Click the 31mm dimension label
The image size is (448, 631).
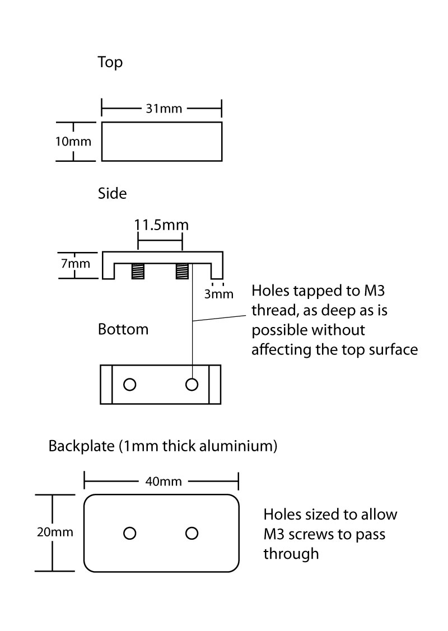coord(164,109)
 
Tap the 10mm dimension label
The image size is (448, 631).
coord(73,141)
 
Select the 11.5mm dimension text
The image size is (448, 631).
coord(161,225)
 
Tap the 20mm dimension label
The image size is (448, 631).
coord(55,532)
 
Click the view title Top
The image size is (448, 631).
coord(110,62)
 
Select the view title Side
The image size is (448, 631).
coord(113,194)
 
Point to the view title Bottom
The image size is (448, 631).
coord(123,329)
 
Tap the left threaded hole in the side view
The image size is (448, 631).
coord(137,272)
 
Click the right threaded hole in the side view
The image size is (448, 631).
coord(181,272)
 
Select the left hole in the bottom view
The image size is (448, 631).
coord(130,384)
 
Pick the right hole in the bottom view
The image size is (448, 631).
coord(192,384)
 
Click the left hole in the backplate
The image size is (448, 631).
coord(130,533)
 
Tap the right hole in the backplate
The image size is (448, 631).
coord(192,533)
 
